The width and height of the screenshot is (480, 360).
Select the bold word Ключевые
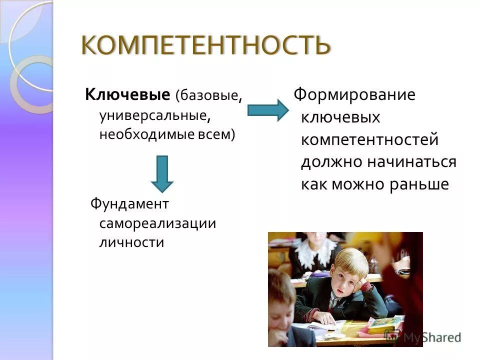pos(128,94)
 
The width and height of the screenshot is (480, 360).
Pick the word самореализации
pos(157,223)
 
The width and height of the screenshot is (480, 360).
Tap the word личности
pos(131,242)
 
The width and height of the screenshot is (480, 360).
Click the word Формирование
pos(354,94)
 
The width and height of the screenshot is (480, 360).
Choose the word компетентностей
pos(369,139)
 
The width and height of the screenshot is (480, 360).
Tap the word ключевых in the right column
pos(340,117)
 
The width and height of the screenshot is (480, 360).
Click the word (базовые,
pos(208,95)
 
